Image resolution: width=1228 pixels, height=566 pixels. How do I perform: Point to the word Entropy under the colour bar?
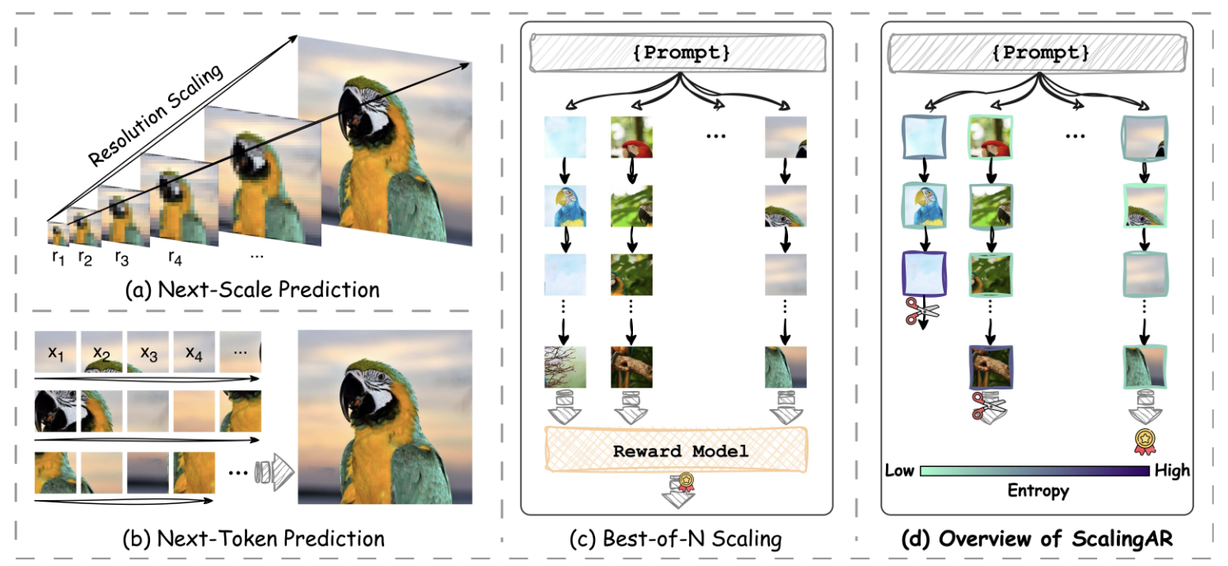1038,491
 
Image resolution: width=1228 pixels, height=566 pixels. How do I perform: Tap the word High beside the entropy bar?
1171,470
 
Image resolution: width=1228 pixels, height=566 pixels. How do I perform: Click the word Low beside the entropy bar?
900,470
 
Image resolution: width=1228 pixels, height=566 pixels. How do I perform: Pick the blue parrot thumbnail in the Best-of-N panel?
565,206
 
